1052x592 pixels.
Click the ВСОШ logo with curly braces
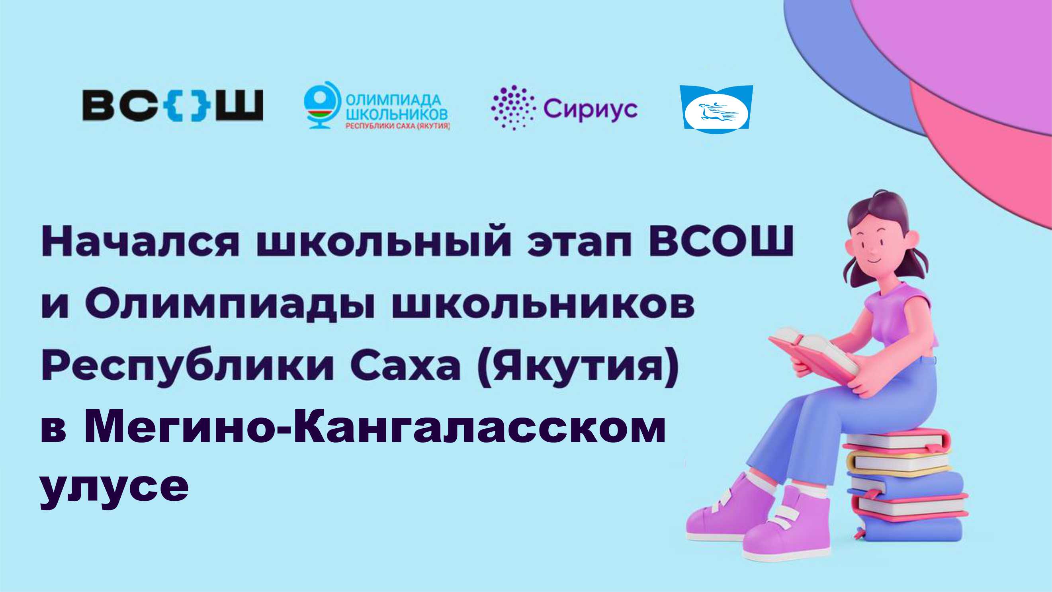(172, 106)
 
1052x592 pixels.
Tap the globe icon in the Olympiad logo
(321, 106)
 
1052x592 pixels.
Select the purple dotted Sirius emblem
(512, 108)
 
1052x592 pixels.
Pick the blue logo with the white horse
(716, 107)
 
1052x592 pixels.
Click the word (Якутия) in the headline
(578, 366)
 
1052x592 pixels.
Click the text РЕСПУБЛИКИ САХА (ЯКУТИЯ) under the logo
(398, 127)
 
